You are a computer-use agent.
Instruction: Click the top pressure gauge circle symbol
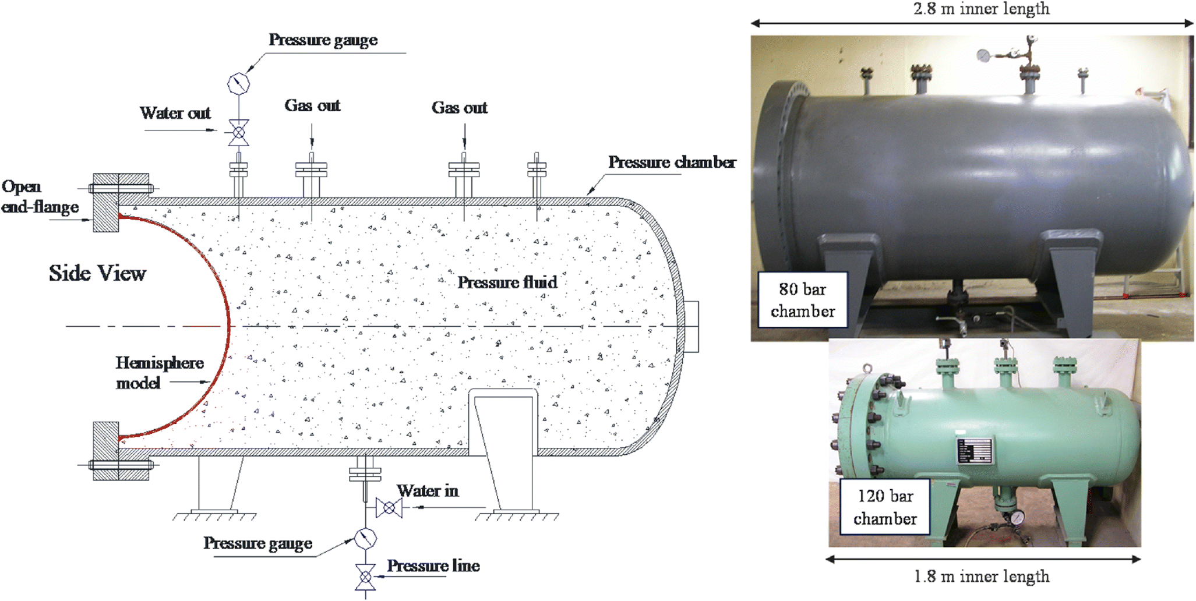(x=238, y=83)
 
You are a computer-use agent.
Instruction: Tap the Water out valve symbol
(x=238, y=133)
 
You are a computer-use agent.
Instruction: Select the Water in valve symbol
(x=389, y=508)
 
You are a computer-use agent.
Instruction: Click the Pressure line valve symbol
(x=365, y=577)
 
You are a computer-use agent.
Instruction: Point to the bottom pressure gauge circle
(x=365, y=539)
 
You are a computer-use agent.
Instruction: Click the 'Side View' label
(x=97, y=273)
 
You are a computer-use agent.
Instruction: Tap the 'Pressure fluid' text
(x=507, y=282)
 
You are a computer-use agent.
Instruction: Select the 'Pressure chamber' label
(x=672, y=162)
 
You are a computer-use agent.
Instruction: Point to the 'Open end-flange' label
(x=40, y=197)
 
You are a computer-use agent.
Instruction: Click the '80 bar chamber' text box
(x=802, y=300)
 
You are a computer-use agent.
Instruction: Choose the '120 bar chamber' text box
(x=884, y=507)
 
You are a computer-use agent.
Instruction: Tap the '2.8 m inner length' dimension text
(x=982, y=9)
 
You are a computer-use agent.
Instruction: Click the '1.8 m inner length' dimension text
(x=982, y=577)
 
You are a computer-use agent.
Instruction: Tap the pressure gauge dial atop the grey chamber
(x=983, y=55)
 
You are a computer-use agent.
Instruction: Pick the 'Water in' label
(x=428, y=491)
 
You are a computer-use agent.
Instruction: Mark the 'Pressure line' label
(x=433, y=566)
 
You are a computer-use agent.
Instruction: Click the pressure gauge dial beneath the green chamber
(x=1017, y=517)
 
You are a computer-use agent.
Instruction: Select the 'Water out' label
(x=175, y=113)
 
